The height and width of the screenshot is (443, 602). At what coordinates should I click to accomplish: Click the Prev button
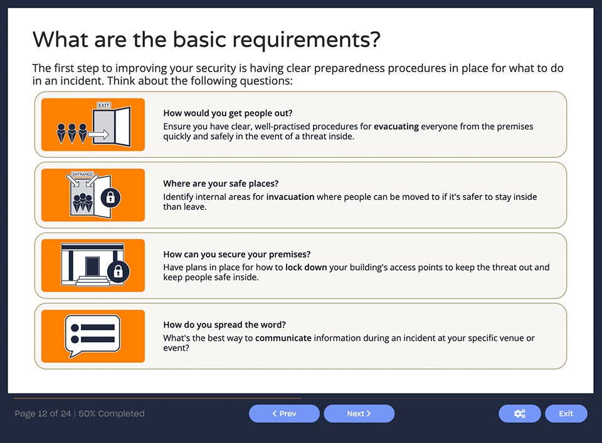[284, 414]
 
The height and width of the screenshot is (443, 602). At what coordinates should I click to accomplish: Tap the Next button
[359, 414]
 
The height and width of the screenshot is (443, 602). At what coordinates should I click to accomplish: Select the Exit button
[566, 414]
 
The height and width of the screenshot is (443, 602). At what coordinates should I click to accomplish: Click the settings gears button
[519, 414]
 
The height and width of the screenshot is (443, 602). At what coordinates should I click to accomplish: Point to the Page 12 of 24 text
[43, 414]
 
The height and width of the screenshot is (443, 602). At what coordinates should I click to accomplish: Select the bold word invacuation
[290, 197]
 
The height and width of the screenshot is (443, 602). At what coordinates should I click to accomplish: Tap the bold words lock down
[306, 267]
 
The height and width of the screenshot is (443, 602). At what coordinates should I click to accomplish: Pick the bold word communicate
[283, 338]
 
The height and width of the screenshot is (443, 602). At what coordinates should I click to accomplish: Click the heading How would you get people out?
[228, 113]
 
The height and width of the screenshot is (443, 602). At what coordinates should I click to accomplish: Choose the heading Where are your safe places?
[221, 184]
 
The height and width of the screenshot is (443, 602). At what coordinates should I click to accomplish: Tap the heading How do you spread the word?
[224, 325]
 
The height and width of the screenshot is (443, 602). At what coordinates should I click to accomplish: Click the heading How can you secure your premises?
[236, 254]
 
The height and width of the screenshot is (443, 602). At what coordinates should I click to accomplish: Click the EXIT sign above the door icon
[103, 105]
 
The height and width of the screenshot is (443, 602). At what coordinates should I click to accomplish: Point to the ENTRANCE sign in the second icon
[83, 174]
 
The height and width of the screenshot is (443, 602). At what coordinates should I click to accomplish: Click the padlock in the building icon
[118, 271]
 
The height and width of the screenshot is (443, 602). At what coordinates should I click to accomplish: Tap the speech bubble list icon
[93, 335]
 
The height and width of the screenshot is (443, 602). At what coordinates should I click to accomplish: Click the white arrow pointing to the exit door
[98, 134]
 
